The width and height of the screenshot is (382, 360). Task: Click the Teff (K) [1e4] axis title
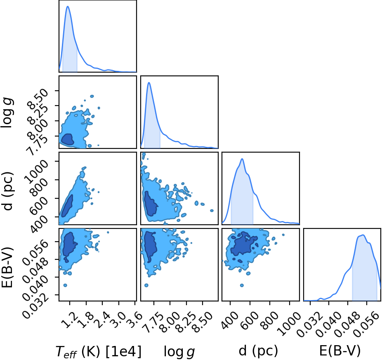99,352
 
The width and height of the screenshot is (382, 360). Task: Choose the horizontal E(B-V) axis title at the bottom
340,351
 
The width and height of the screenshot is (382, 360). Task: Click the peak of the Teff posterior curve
68,6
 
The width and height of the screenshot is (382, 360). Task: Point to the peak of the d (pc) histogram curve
242,159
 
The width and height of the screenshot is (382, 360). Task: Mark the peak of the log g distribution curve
149,82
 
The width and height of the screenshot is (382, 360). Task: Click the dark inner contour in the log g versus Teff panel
67,139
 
